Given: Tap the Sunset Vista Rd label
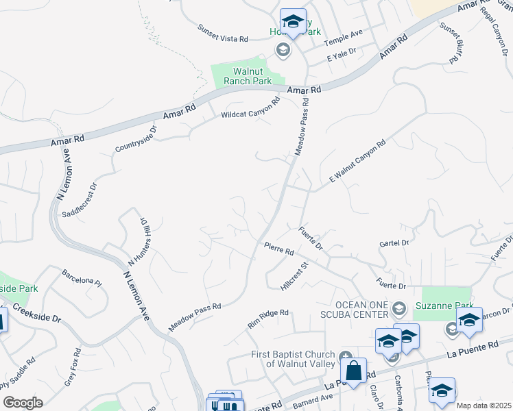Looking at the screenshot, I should (222, 34).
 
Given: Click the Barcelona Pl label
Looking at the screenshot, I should (82, 280).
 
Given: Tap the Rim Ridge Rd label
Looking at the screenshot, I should (268, 317).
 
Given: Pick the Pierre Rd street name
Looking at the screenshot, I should (279, 248).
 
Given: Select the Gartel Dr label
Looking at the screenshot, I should (394, 243).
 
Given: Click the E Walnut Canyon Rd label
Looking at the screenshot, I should (357, 162).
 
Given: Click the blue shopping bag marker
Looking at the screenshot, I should (354, 372).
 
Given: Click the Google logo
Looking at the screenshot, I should (23, 403).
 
